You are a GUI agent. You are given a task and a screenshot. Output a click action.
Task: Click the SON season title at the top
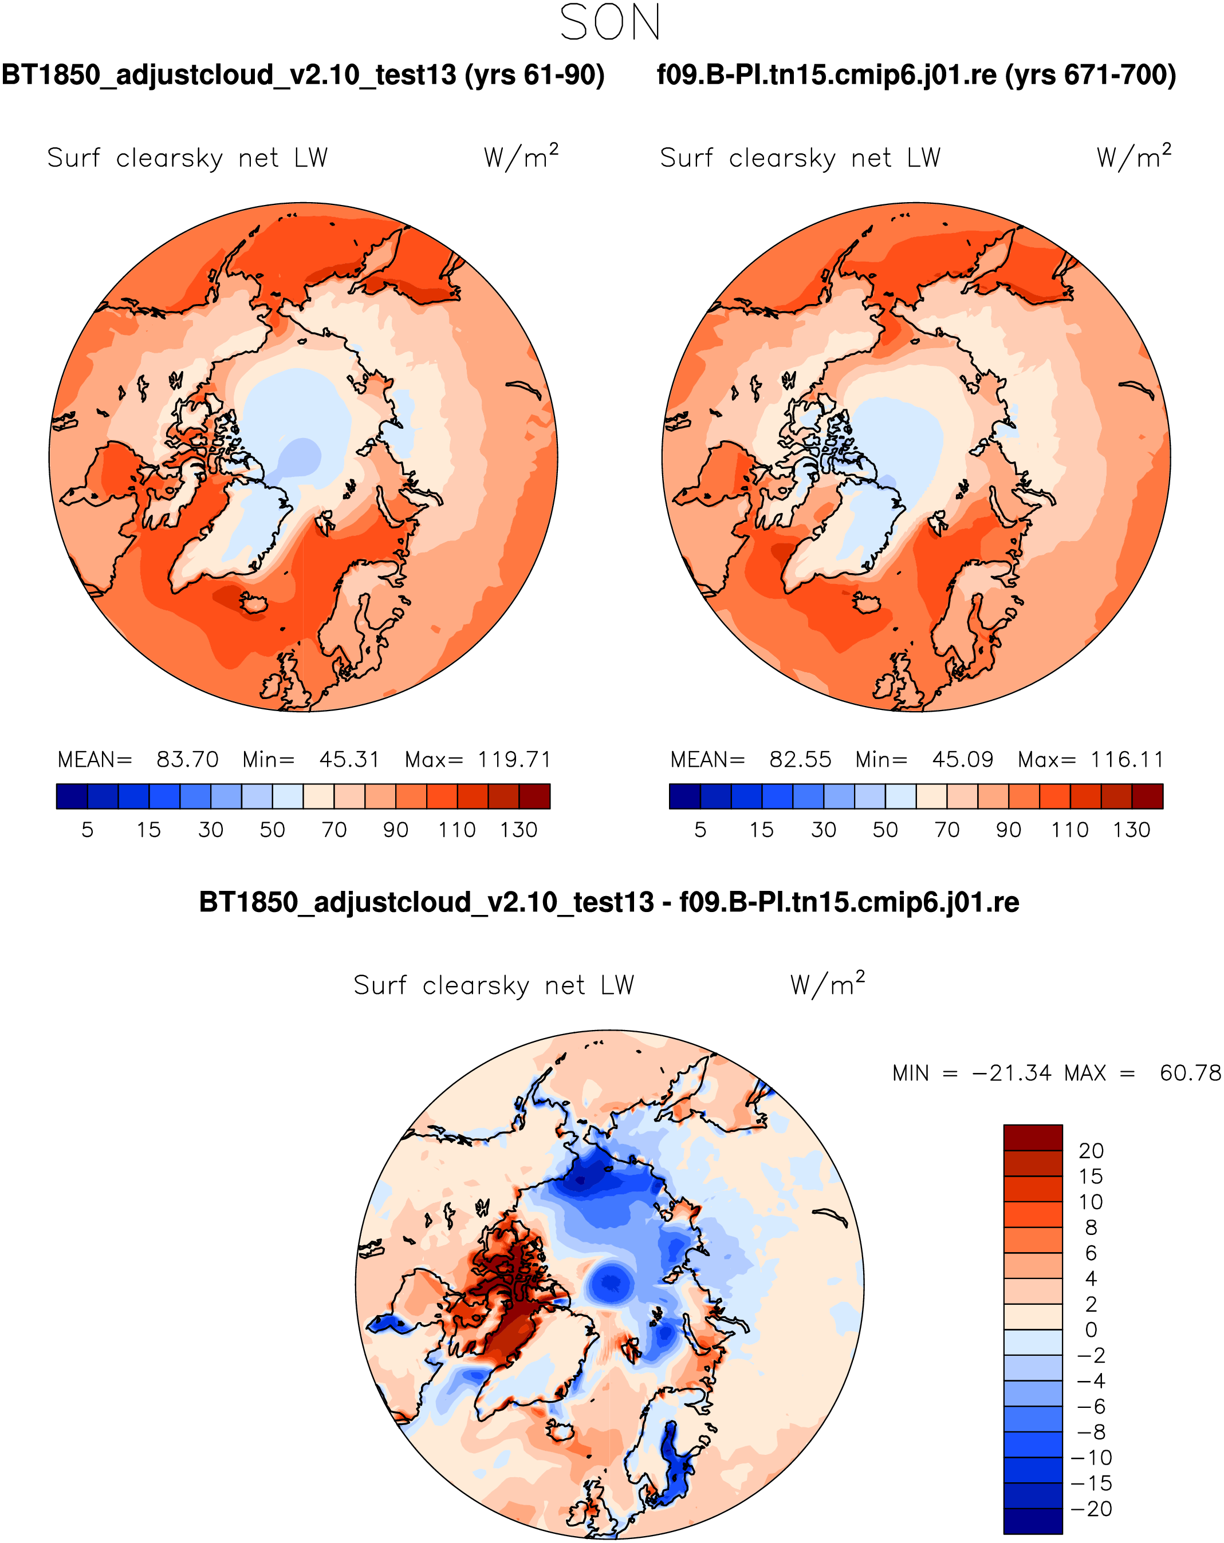pos(610,23)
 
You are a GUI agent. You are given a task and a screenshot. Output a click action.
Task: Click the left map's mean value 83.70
pos(187,759)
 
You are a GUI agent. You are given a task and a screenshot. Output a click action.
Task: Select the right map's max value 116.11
pos(1127,759)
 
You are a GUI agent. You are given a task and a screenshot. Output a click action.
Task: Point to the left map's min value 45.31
pos(349,759)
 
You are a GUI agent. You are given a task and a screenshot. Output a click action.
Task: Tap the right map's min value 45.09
pos(962,759)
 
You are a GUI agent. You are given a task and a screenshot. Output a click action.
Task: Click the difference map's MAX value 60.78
pos(1190,1074)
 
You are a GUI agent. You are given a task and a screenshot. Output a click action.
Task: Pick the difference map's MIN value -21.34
pos(1012,1074)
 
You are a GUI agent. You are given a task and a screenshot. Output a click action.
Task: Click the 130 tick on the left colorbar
pos(518,830)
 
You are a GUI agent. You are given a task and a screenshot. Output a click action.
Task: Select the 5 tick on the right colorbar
pos(700,830)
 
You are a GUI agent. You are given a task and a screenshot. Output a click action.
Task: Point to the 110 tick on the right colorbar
pos(1069,830)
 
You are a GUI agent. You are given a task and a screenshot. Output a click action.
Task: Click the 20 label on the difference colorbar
pos(1091,1151)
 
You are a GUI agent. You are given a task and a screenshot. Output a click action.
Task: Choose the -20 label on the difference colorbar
pos(1091,1509)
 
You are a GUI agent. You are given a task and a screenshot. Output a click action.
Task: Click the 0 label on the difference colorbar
pos(1091,1329)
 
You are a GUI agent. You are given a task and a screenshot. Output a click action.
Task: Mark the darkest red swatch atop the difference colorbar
pos(1032,1137)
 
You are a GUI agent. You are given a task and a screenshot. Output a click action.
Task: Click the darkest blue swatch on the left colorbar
pos(72,796)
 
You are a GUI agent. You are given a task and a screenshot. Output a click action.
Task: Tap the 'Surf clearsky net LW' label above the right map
pos(800,157)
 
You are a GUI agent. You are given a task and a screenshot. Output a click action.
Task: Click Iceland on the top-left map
pos(253,602)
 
